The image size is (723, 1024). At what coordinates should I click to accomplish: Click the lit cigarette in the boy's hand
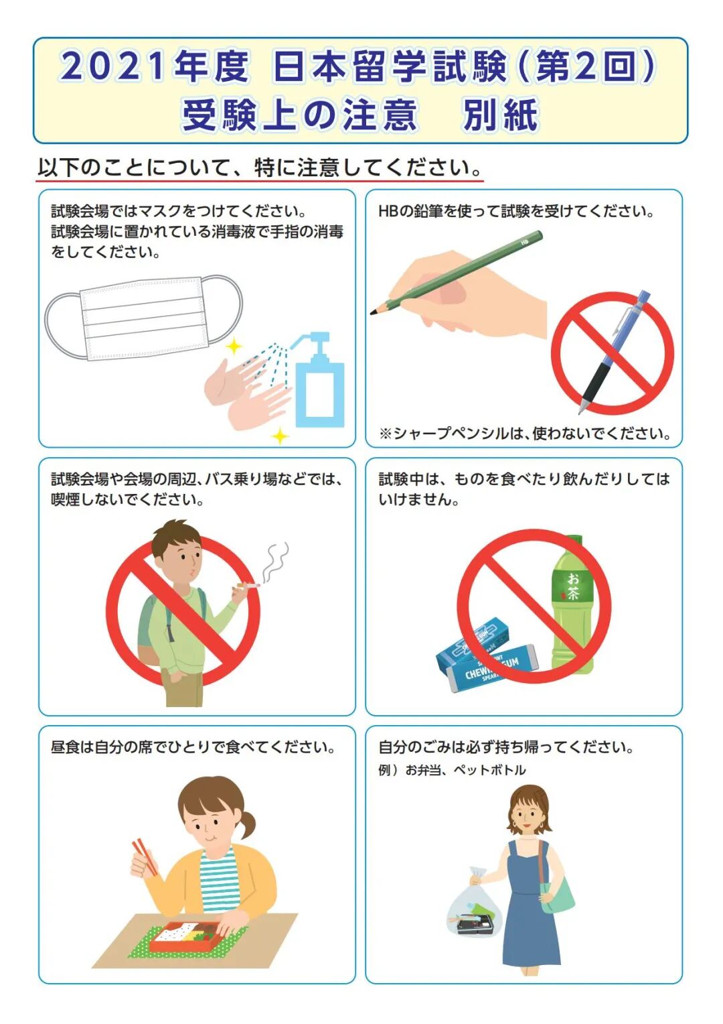[248, 584]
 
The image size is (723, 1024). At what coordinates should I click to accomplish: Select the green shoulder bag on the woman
[556, 895]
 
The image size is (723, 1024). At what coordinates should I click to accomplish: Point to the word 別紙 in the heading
[501, 115]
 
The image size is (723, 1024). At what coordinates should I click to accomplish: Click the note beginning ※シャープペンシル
[525, 433]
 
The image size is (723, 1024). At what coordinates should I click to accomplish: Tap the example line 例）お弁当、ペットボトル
[452, 770]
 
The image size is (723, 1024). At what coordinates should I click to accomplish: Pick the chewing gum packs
[487, 653]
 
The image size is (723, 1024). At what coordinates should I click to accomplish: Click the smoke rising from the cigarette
[274, 562]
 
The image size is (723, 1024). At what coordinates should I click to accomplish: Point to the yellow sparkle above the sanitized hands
[234, 346]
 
